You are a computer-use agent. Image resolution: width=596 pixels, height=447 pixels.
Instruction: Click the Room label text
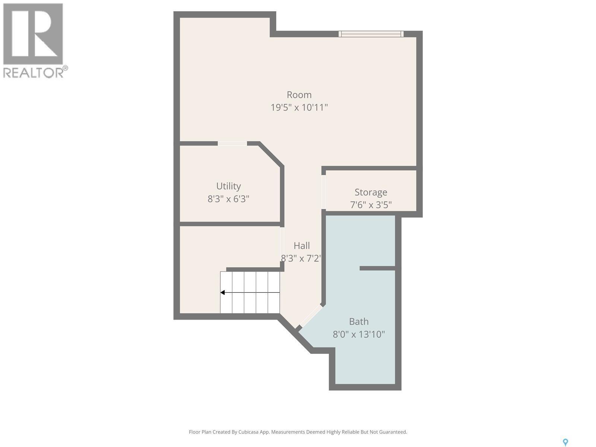[x=299, y=95]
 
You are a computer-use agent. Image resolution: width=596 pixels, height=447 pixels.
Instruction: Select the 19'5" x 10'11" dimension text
[x=299, y=108]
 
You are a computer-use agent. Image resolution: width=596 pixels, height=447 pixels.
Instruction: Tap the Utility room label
[x=228, y=186]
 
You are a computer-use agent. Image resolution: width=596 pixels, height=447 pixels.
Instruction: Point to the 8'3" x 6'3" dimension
[x=228, y=199]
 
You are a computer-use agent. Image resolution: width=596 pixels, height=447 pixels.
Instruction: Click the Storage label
[x=371, y=192]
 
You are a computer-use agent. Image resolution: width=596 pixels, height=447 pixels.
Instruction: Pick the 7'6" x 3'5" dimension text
[x=371, y=205]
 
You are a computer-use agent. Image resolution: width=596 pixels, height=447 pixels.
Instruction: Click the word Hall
[x=301, y=245]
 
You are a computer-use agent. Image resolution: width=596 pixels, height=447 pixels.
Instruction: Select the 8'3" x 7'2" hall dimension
[x=301, y=259]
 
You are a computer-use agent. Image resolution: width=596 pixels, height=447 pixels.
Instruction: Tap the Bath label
[x=358, y=321]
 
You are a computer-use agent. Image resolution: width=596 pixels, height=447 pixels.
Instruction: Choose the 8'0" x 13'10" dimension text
[x=358, y=334]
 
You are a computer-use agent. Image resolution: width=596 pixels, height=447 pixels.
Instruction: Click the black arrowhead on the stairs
[x=222, y=292]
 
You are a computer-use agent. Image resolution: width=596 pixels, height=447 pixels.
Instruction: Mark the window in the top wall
[x=371, y=34]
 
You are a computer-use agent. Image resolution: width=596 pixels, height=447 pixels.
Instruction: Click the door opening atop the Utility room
[x=232, y=143]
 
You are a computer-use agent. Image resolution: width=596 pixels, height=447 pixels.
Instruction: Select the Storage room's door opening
[x=323, y=192]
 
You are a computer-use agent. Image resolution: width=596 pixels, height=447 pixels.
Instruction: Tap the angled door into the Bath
[x=311, y=317]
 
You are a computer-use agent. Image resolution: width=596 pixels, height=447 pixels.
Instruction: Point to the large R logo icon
[x=33, y=34]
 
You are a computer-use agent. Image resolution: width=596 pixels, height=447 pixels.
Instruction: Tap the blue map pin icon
[x=565, y=442]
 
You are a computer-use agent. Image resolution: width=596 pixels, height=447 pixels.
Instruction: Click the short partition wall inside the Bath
[x=377, y=268]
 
